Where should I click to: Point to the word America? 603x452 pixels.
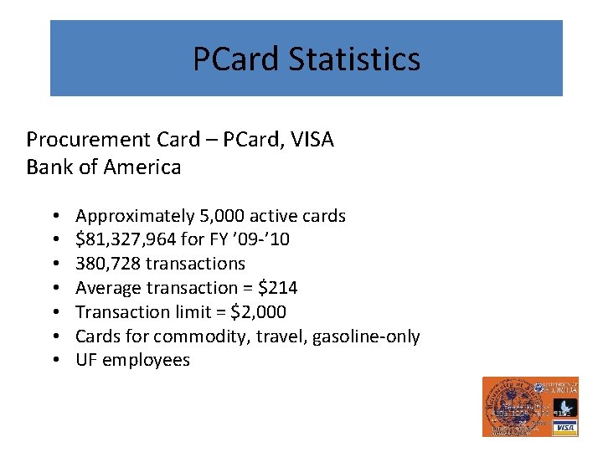tap(142, 167)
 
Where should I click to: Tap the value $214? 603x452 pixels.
tap(279, 288)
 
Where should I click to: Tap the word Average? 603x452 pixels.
tap(104, 288)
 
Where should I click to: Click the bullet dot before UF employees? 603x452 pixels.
tap(54, 361)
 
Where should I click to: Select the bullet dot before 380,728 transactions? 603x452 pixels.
tap(54, 264)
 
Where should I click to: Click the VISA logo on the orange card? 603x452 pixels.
tap(565, 428)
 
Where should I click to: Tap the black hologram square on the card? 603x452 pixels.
tap(564, 408)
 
